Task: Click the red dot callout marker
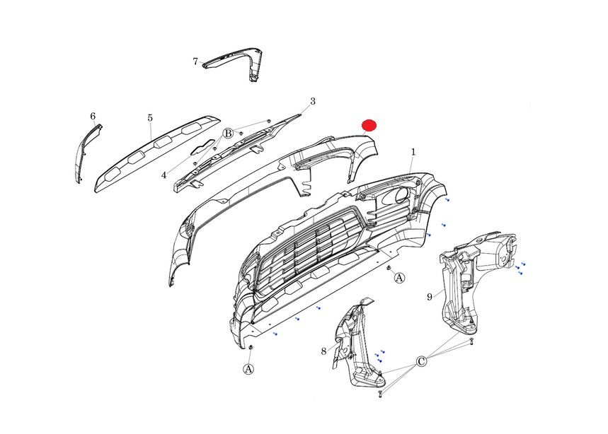click(x=369, y=125)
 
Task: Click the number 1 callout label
click(x=413, y=152)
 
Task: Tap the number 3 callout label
click(x=313, y=102)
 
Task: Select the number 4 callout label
click(x=164, y=175)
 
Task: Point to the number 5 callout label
click(x=150, y=118)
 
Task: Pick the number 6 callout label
click(x=93, y=116)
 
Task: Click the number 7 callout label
click(x=195, y=61)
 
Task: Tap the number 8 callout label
click(x=323, y=351)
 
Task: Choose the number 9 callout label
click(x=429, y=297)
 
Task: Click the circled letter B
click(x=229, y=134)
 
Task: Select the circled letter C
click(x=421, y=362)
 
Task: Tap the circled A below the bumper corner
click(x=248, y=369)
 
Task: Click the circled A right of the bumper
click(x=399, y=278)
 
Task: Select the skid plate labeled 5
click(x=155, y=153)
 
